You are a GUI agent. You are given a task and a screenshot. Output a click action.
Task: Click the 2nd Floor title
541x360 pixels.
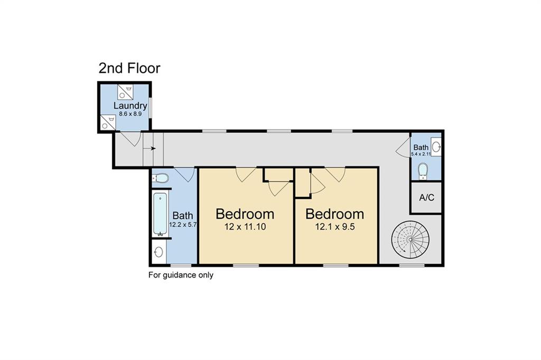129,68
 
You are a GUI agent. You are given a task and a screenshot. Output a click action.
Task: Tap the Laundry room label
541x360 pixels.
130,106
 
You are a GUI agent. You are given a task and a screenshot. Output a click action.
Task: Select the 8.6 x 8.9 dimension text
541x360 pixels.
130,114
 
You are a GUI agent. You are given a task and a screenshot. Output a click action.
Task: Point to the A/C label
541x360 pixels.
426,197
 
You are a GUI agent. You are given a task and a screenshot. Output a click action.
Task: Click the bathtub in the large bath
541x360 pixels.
160,214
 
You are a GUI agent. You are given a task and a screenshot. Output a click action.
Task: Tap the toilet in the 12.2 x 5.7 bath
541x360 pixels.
161,178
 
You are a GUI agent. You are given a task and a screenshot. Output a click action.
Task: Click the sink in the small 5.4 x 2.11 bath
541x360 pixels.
436,146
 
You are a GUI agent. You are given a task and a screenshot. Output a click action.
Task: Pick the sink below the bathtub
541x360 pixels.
158,252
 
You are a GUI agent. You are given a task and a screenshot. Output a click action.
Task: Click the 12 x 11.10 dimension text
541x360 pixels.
245,227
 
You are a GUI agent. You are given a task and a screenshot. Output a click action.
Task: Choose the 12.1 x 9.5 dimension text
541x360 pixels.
334,227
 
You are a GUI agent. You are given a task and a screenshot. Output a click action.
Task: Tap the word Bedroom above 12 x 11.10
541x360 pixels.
245,214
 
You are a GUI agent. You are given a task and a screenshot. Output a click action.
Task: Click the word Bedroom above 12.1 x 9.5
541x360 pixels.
334,214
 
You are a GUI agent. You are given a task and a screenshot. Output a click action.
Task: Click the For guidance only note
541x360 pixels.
181,275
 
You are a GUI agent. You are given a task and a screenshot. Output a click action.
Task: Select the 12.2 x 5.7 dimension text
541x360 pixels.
183,224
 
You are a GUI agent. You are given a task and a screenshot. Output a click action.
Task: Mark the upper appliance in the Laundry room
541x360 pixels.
125,92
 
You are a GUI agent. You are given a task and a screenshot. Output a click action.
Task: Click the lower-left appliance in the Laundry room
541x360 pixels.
108,122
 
